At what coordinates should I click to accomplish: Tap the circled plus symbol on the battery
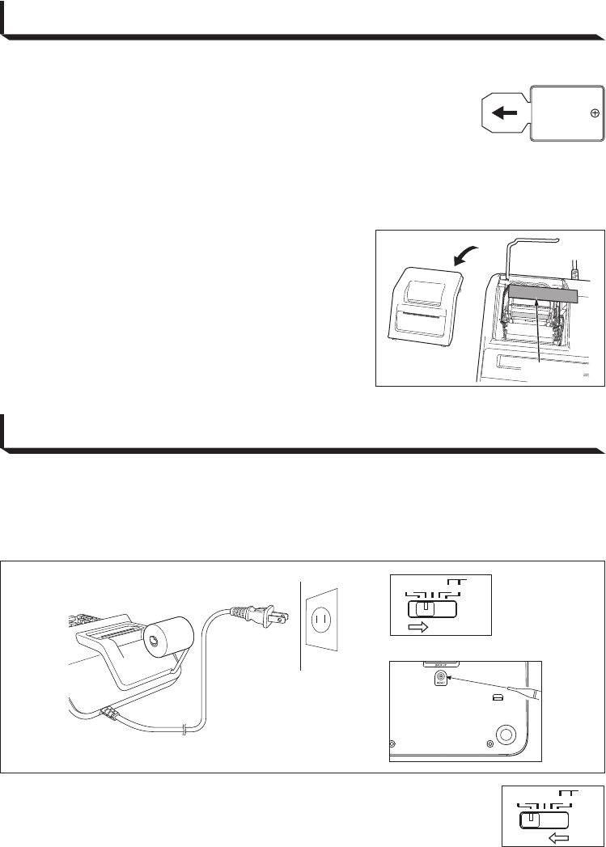[595, 113]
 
